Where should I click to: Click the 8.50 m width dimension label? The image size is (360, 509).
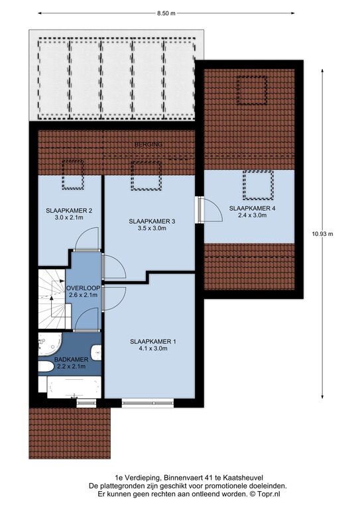click(166, 13)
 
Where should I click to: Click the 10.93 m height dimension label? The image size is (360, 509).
click(322, 233)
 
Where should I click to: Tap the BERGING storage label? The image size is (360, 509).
click(149, 144)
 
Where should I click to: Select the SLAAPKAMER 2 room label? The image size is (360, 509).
click(69, 211)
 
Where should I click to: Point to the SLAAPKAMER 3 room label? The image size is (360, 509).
click(152, 221)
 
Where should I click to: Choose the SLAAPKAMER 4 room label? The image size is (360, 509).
click(252, 208)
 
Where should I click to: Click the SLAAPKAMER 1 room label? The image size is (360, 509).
click(153, 341)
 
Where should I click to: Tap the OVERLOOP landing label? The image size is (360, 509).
click(83, 288)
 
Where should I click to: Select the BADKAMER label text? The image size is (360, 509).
click(71, 360)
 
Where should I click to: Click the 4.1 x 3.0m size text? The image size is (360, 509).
click(153, 349)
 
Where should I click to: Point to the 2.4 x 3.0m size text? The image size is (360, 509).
click(252, 215)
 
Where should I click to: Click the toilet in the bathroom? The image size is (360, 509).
click(46, 367)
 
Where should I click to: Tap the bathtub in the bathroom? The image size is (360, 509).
click(74, 387)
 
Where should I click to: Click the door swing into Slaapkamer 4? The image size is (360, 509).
click(213, 209)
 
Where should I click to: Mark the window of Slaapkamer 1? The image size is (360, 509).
click(148, 403)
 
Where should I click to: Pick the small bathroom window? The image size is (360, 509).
click(87, 403)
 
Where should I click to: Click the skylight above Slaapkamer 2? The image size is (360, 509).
click(73, 174)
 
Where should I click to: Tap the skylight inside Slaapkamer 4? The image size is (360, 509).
click(258, 185)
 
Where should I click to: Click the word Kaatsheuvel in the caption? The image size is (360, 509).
click(246, 477)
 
